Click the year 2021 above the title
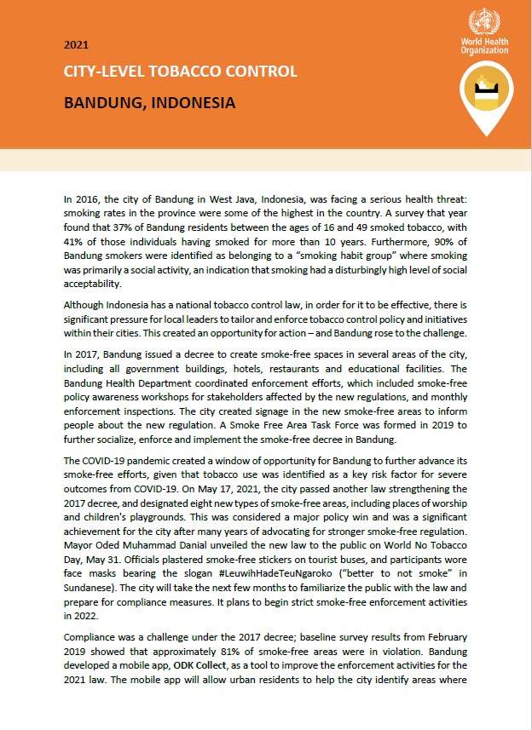75,44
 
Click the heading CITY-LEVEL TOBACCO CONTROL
181,72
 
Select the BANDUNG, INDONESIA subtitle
149,103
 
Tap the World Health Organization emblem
484,21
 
